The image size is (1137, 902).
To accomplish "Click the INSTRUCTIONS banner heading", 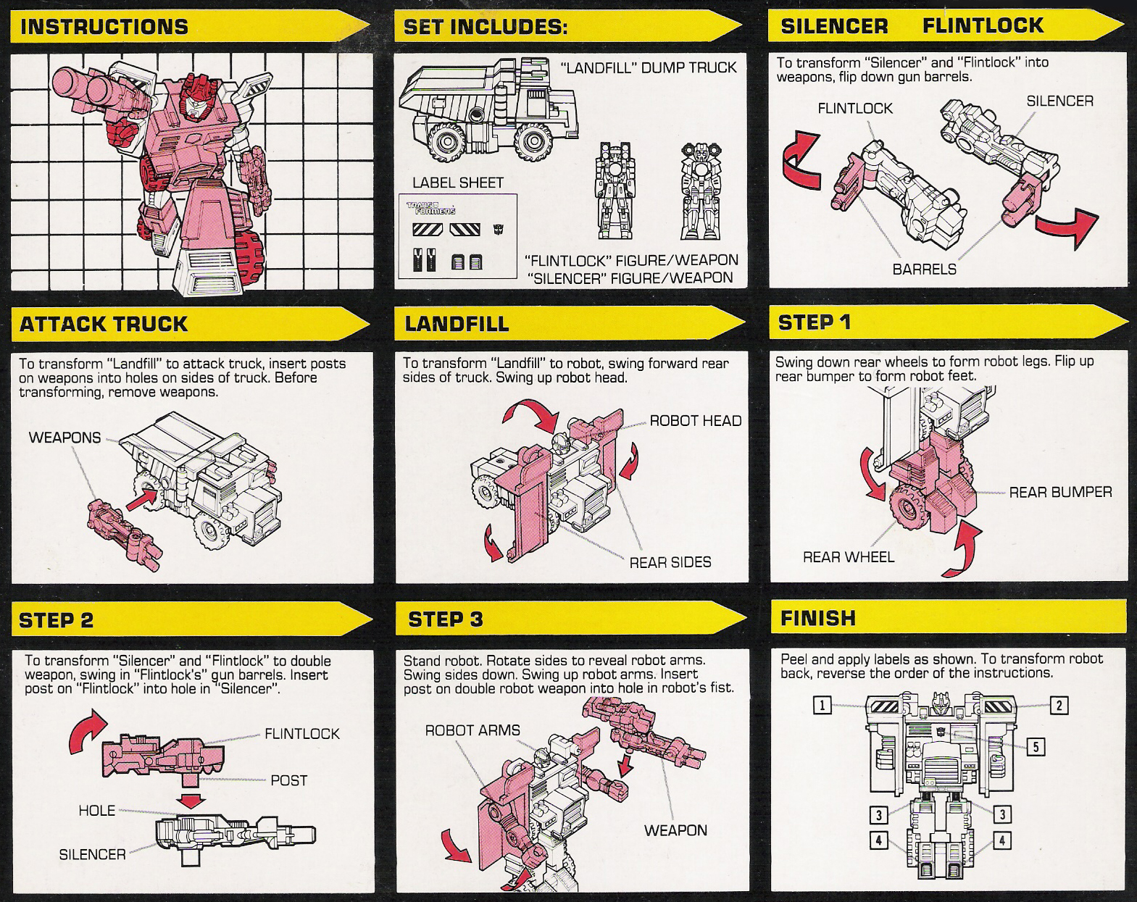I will [104, 27].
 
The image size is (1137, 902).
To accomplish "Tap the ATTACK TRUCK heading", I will [104, 324].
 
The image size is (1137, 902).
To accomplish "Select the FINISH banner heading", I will [818, 619].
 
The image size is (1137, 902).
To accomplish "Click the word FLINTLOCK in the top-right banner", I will [983, 26].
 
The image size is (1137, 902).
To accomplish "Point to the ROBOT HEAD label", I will [695, 421].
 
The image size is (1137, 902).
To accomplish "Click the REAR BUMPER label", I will [1060, 493].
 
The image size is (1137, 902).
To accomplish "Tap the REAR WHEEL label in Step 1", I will [848, 557].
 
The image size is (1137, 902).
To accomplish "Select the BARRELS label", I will [924, 270].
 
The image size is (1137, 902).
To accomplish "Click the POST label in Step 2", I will [288, 780].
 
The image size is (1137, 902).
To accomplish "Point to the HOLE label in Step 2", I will [96, 811].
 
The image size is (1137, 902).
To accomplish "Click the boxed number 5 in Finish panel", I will [1036, 747].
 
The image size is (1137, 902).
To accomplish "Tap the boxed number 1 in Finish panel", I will [822, 705].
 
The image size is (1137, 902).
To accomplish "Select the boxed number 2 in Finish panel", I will [1059, 706].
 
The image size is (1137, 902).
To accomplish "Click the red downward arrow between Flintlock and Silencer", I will [192, 801].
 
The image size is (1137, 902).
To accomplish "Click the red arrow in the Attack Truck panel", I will [142, 499].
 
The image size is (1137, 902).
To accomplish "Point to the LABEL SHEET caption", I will [457, 183].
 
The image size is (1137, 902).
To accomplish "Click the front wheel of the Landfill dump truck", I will [535, 141].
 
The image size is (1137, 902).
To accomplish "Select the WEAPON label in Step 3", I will [675, 830].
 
